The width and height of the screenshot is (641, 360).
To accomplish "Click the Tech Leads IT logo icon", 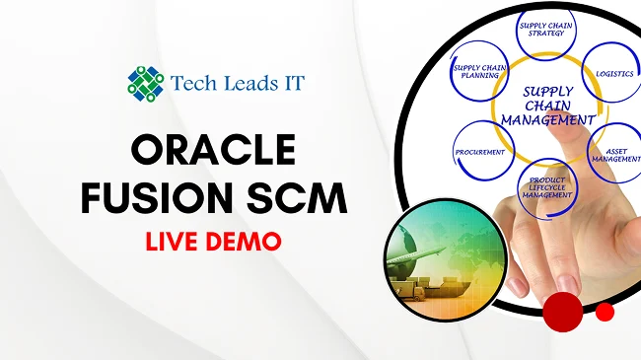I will coord(145,83).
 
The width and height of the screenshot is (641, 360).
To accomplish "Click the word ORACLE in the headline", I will coord(213,151).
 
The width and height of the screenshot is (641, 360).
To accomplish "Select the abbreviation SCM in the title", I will coord(297,200).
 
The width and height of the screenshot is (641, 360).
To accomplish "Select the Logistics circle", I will coord(614,75).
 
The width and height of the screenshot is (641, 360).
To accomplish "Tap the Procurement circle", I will coord(480,153).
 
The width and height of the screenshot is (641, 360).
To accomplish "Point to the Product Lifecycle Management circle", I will coord(546,183).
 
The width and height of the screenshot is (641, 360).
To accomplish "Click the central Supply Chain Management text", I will coord(547,107).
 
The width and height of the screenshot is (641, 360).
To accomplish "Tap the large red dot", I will coord(563,312).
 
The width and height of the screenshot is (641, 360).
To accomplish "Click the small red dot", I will coord(605,312).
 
